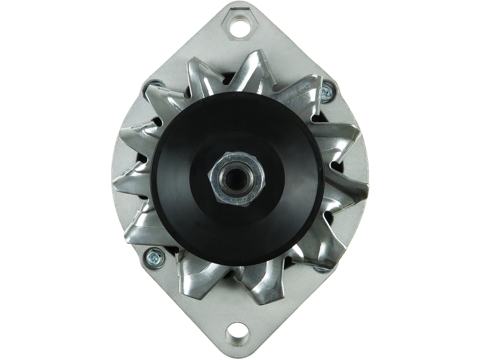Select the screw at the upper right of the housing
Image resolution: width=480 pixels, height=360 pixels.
point(327,92)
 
